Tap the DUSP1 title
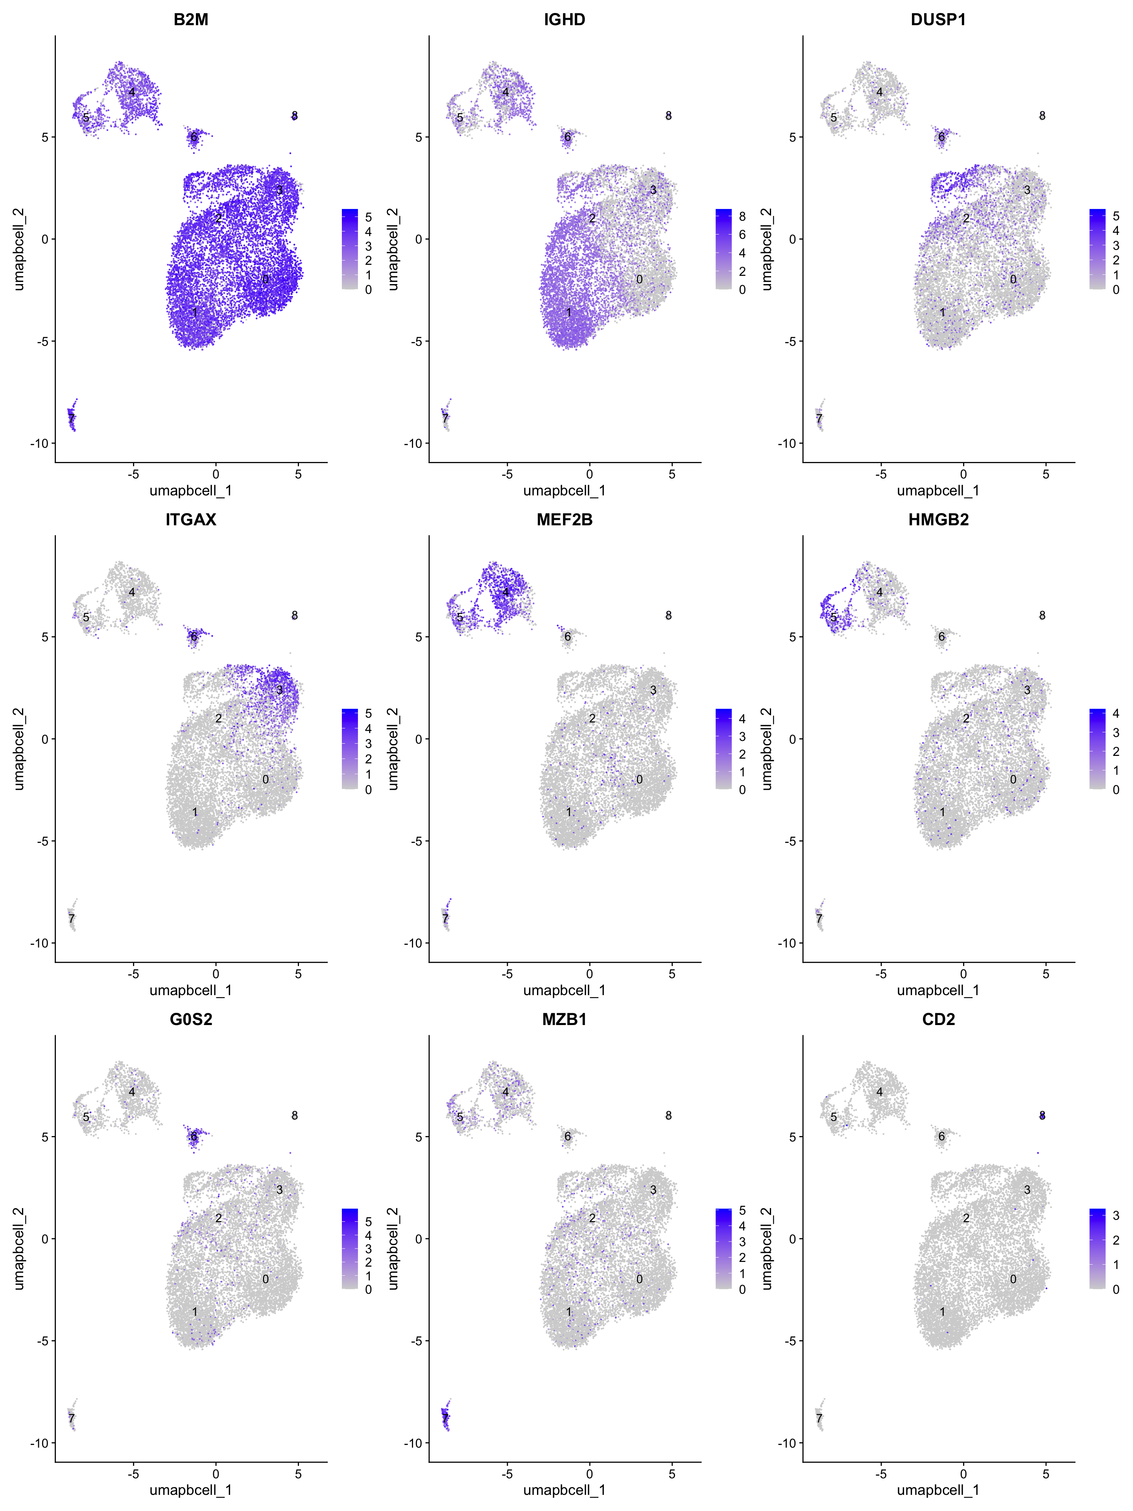click(x=938, y=19)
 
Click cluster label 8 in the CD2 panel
click(x=1042, y=1116)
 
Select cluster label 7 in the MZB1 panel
click(x=445, y=1419)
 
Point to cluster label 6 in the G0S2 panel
click(x=194, y=1137)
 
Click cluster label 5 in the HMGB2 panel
click(x=834, y=617)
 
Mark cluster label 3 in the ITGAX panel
click(x=279, y=690)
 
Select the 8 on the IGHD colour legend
click(x=742, y=216)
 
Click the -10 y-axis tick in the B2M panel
click(x=39, y=443)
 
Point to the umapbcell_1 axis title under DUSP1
click(x=938, y=490)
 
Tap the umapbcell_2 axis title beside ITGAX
click(x=18, y=749)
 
